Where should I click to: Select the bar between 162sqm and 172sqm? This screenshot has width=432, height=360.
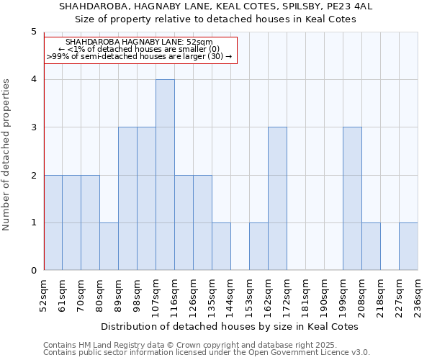click(277, 199)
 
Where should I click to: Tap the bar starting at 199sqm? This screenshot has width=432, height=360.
click(352, 199)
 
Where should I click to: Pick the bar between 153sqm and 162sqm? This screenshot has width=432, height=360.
click(258, 246)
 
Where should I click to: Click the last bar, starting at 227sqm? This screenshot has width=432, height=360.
click(408, 246)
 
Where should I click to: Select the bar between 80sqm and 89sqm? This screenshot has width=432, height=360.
click(109, 246)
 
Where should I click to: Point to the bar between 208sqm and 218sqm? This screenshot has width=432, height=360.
click(371, 246)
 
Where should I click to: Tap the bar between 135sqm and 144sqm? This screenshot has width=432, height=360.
click(221, 246)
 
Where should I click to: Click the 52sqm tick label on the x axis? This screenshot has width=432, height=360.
click(44, 296)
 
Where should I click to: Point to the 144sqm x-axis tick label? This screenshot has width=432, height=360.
click(231, 296)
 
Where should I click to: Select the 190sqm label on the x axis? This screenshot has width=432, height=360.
click(325, 296)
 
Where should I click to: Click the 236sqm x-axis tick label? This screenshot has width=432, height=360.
click(418, 296)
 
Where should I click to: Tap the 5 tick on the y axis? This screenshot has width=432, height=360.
click(33, 32)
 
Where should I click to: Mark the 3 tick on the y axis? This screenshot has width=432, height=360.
click(33, 127)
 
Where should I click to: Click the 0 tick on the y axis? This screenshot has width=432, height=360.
click(33, 271)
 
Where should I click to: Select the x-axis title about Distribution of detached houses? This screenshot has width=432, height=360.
click(230, 326)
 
